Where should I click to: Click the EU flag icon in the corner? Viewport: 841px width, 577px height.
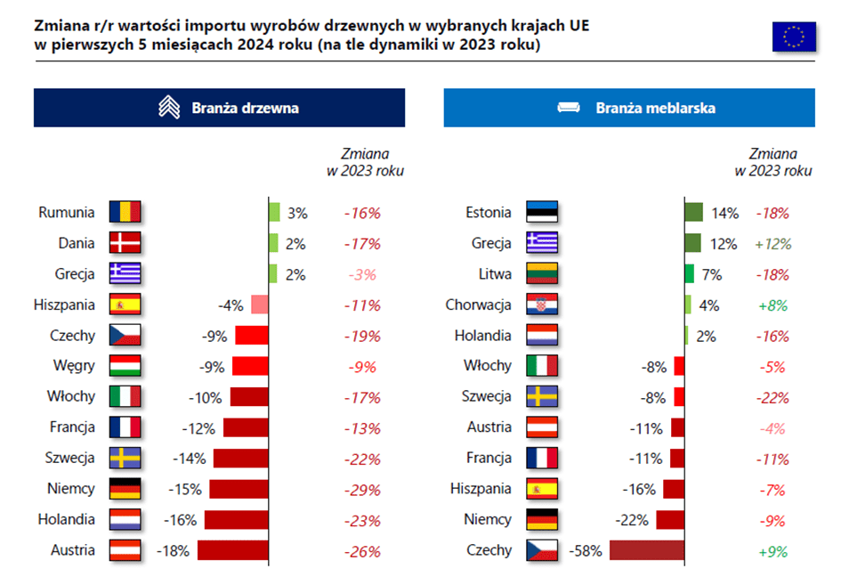(x=793, y=37)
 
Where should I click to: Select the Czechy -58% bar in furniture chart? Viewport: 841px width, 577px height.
(x=647, y=550)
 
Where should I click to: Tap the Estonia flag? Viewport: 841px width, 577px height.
(x=541, y=213)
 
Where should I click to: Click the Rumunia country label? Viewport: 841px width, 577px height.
(x=67, y=213)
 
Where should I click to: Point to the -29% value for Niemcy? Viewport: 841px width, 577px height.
(x=362, y=489)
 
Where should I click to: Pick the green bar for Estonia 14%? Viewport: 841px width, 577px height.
(x=694, y=213)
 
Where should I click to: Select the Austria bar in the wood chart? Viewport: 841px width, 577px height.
(x=232, y=550)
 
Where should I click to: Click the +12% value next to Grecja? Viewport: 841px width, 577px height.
(x=772, y=244)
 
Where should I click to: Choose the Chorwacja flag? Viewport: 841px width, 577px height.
(x=541, y=305)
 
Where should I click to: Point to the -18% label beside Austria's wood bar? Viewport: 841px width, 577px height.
(x=173, y=550)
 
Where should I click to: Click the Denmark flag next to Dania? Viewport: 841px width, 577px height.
(x=125, y=244)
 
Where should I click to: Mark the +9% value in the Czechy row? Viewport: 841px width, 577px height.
(x=772, y=550)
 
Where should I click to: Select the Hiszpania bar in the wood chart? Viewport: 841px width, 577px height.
(x=260, y=305)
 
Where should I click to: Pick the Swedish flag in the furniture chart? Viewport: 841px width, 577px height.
(x=541, y=397)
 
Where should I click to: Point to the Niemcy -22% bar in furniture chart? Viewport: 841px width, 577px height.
(x=674, y=520)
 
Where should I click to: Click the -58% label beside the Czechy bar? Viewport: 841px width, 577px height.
(x=586, y=550)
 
